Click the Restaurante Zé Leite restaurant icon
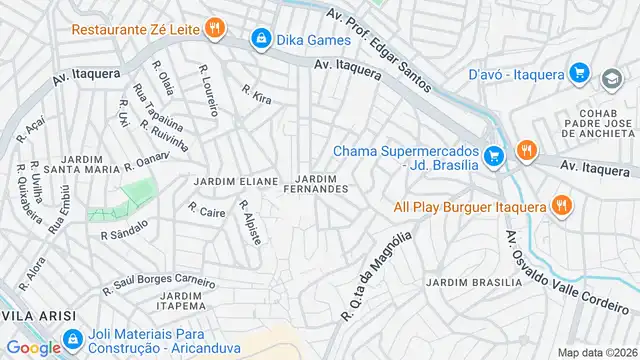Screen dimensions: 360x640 point(213,29)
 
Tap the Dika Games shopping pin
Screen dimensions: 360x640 point(260,40)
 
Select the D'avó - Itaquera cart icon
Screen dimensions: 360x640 point(578,72)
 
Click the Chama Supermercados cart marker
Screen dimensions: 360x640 point(492,156)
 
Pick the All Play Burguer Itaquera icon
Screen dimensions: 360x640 point(562,207)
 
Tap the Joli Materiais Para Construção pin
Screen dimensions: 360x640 point(70,339)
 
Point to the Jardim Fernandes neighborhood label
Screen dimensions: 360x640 point(316,183)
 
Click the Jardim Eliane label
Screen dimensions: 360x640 point(235,181)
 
